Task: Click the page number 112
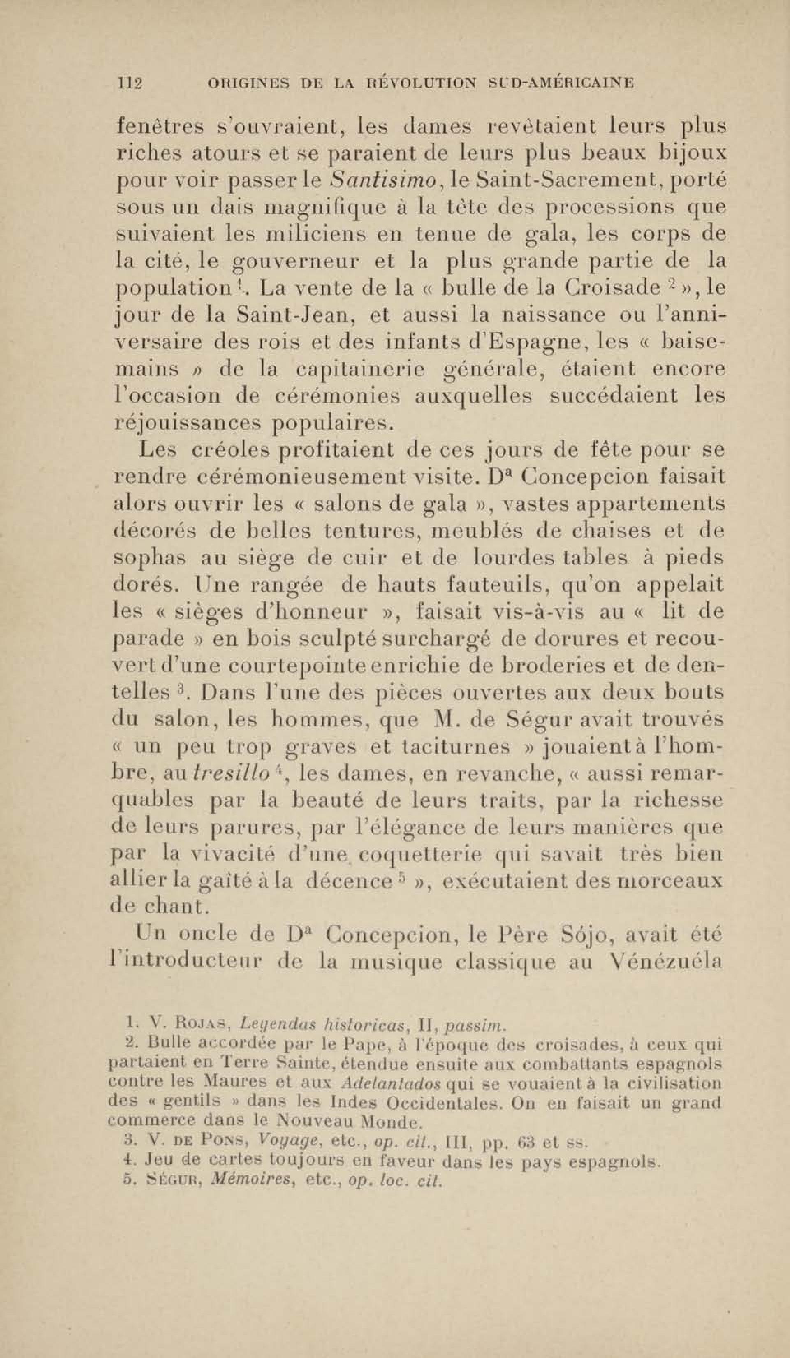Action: [130, 83]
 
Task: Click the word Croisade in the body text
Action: [612, 289]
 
